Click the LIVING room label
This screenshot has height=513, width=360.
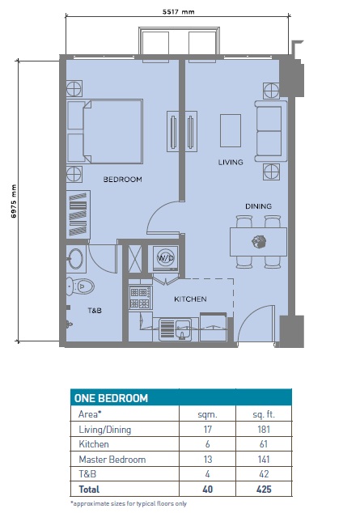coord(231,163)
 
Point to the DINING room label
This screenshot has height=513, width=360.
coord(258,206)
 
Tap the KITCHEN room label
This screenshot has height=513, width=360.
coord(190,299)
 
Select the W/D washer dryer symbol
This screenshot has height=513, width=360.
coord(166,257)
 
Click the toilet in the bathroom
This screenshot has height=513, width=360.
coord(83,286)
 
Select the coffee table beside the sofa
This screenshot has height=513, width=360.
coord(231,129)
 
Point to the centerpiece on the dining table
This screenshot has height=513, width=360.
coord(259,240)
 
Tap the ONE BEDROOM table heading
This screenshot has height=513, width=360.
coord(111,398)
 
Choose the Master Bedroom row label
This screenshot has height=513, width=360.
coord(112,459)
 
